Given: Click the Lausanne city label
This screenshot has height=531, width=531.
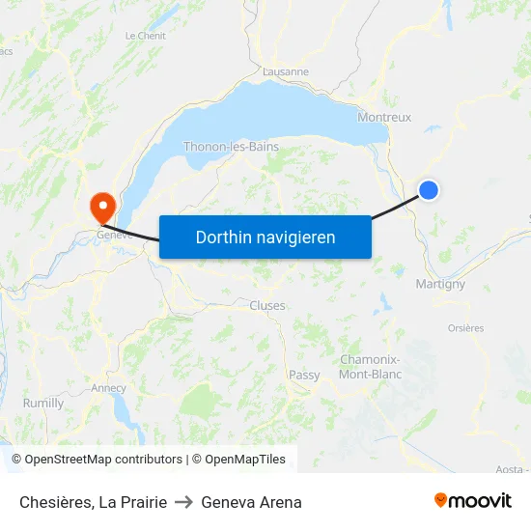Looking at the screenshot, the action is click(286, 71).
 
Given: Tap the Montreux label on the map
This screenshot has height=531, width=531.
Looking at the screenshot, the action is click(384, 117).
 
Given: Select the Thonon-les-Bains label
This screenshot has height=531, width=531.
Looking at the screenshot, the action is click(231, 147).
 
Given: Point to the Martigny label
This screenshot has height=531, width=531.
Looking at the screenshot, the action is click(439, 284).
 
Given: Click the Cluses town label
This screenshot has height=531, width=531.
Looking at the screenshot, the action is click(267, 306).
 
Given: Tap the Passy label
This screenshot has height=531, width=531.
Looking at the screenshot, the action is click(304, 375).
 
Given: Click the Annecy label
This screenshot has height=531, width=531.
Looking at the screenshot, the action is click(108, 388).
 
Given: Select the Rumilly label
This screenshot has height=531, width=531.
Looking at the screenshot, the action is click(43, 403).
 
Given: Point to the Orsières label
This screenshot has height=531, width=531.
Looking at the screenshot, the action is click(465, 328).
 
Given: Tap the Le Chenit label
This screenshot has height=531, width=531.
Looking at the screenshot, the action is click(146, 36).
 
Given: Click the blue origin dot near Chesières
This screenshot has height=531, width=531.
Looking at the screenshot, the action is click(429, 190).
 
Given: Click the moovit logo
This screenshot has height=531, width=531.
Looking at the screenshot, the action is click(473, 501).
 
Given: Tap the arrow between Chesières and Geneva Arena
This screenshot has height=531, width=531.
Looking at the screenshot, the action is click(183, 502).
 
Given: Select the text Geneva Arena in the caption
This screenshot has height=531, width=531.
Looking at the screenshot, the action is click(251, 502).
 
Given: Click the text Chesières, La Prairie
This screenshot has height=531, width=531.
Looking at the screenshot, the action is click(93, 502).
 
